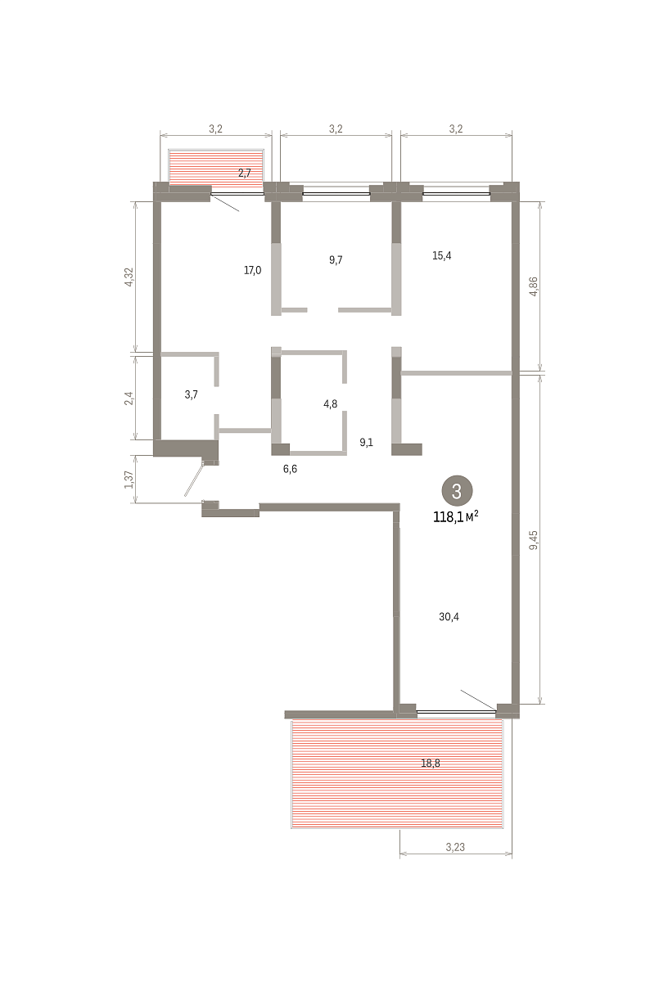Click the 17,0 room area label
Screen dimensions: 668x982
click(252, 270)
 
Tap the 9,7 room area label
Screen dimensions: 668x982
click(336, 260)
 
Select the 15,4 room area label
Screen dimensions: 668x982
click(442, 255)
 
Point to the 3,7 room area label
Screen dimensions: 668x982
click(192, 394)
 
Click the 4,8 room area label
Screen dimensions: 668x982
click(330, 403)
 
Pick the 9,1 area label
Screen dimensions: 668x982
click(366, 443)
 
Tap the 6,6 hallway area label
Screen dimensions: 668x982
click(290, 469)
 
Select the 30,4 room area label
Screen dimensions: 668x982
click(449, 617)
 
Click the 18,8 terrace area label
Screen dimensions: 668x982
click(431, 764)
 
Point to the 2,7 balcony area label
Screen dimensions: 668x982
click(244, 173)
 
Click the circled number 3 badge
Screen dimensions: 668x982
click(457, 492)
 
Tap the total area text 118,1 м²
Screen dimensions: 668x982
click(456, 517)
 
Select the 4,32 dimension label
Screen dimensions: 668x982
click(129, 277)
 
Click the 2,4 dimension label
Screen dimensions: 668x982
click(129, 398)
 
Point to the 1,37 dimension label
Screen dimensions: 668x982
click(129, 480)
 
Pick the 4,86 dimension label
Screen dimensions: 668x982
click(534, 286)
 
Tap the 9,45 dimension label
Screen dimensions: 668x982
click(534, 540)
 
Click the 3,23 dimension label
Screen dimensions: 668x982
click(455, 848)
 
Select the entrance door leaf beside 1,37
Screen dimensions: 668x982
click(194, 478)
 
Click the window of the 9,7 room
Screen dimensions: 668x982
click(336, 193)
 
